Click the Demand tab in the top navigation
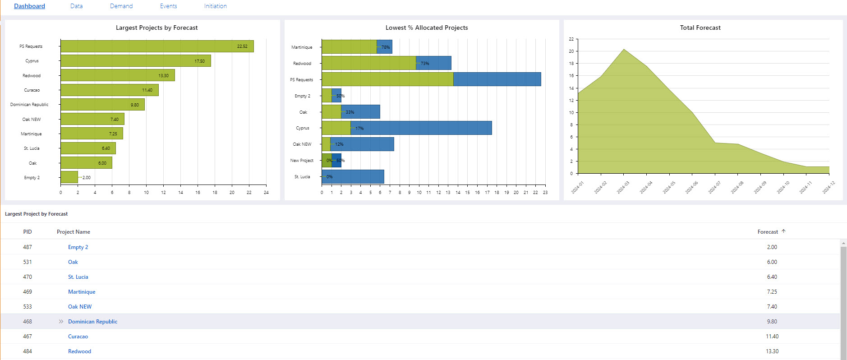[121, 6]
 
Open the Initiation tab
[215, 6]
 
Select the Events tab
[168, 6]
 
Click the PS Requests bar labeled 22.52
[157, 46]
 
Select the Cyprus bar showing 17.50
[135, 60]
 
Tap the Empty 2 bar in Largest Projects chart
[69, 177]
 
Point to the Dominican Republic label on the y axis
[29, 105]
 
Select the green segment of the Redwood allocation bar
[368, 63]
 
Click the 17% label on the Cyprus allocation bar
[359, 128]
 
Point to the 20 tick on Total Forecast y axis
[571, 51]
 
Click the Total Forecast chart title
[700, 28]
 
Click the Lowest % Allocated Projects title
[426, 28]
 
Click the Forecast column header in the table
[768, 232]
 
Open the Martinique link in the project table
[82, 292]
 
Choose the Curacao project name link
[78, 337]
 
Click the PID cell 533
[28, 307]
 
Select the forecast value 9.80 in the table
[772, 322]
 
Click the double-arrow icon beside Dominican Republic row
[61, 322]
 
